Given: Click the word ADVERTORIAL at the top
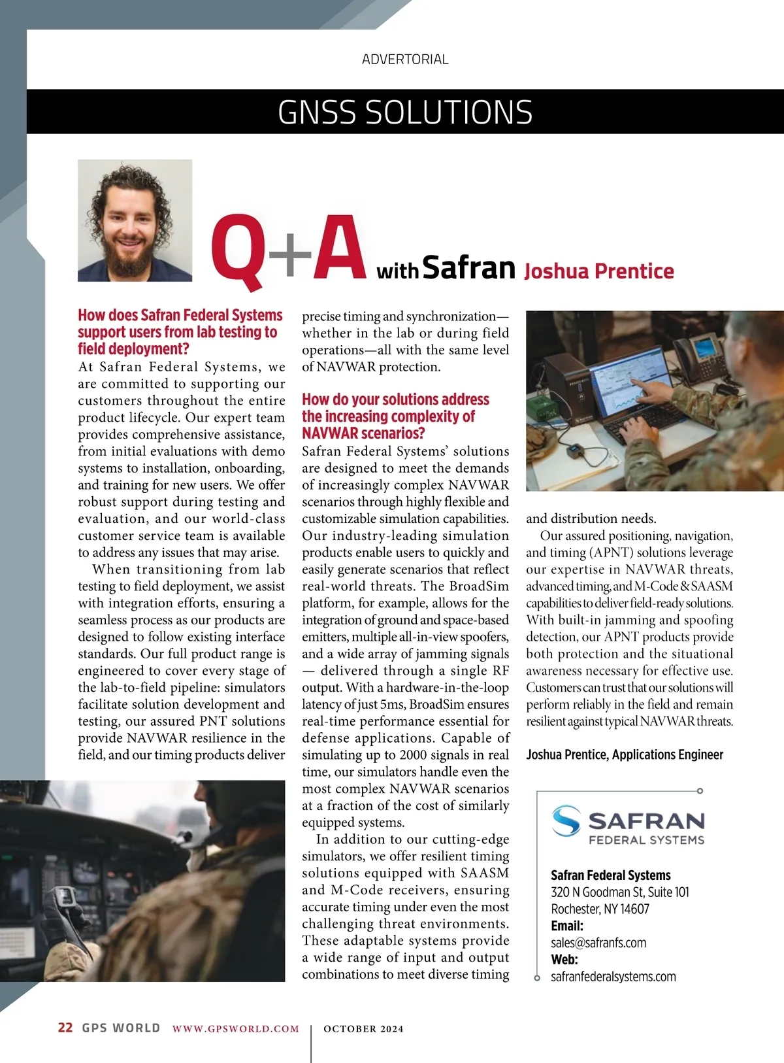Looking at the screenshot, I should coord(405,59).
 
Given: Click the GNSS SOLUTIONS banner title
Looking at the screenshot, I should coord(405,112).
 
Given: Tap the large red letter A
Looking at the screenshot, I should coord(338,248).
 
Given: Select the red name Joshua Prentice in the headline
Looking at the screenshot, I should coord(598,271).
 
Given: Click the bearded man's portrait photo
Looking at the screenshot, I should coord(135,220).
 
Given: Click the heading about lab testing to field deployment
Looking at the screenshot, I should coord(180,332).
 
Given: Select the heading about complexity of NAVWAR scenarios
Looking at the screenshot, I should coord(395,416).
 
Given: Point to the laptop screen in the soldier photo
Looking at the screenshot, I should coord(630,385).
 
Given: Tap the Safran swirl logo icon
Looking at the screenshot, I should coord(566,821).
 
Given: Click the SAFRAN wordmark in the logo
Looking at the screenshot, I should coord(646,821).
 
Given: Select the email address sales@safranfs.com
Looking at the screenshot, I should coord(598,943).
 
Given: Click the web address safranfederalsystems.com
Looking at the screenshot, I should coord(613,977).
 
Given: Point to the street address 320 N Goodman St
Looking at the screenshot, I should coord(619,892).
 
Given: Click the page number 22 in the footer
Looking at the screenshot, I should coord(65,1028).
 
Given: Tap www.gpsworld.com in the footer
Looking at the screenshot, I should coord(235,1029).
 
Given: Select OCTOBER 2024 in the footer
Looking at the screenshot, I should coord(363,1029).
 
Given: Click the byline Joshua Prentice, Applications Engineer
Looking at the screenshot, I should coord(625,755).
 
